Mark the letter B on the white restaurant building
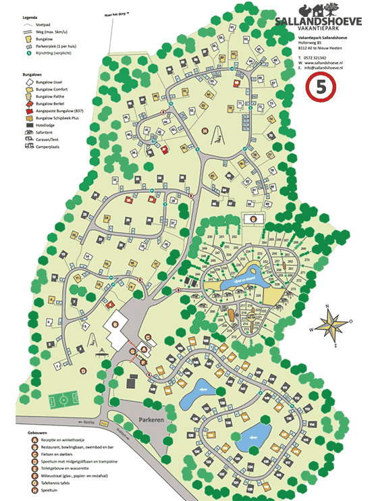[116, 325]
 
